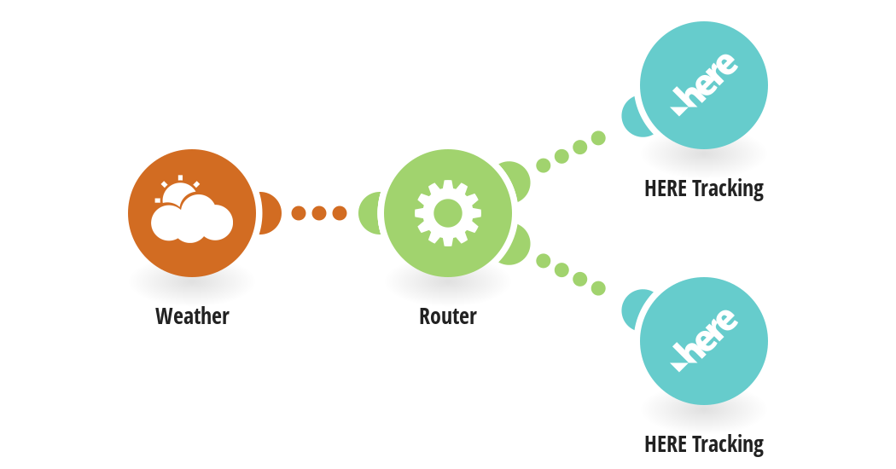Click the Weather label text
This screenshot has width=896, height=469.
click(x=192, y=316)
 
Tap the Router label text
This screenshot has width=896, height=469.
click(x=448, y=316)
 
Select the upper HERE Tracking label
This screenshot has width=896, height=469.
click(x=704, y=188)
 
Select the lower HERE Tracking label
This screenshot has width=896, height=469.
click(x=704, y=444)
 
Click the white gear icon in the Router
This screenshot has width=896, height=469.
click(x=448, y=213)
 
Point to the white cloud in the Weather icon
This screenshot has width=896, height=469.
click(x=192, y=219)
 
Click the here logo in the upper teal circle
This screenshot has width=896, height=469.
click(x=704, y=84)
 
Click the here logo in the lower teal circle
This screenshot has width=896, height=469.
click(x=704, y=340)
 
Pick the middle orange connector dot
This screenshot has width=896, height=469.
click(x=319, y=213)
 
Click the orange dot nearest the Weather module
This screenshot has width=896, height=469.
click(x=299, y=213)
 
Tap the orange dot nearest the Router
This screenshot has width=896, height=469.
click(x=340, y=213)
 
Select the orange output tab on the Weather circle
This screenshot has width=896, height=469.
click(x=271, y=213)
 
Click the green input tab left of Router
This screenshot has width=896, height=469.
click(x=369, y=213)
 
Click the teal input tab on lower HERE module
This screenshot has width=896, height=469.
click(x=632, y=309)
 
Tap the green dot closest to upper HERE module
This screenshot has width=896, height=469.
click(x=598, y=138)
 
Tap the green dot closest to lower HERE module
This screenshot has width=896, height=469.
click(x=598, y=288)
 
